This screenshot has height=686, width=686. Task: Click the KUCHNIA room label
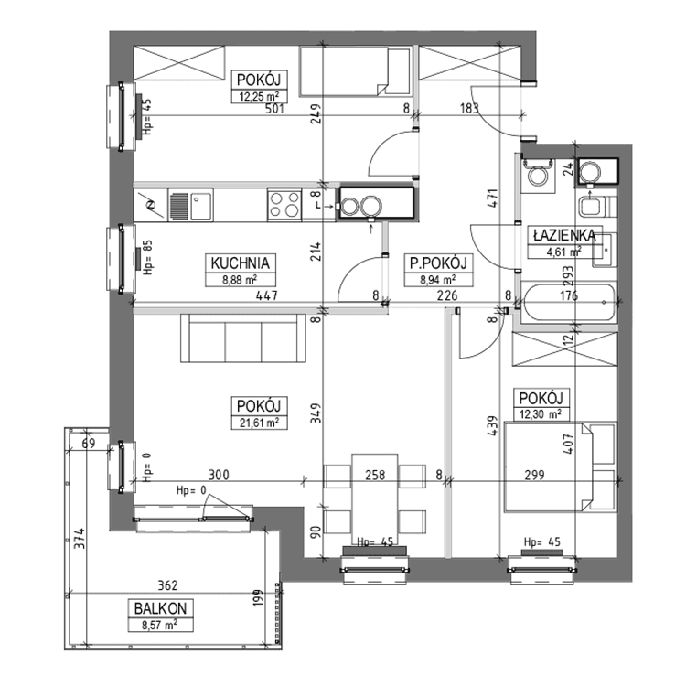coord(241,263)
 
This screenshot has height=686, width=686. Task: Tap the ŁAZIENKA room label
coord(564,235)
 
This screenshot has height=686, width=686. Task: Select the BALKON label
coord(160,608)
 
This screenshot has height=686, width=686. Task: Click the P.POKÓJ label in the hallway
coord(438,263)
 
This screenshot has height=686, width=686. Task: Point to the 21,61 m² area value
coord(260,423)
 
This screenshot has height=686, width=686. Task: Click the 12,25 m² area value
coord(260,96)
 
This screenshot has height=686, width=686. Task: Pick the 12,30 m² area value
coord(541,413)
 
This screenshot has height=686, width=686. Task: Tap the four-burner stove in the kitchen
coord(284,205)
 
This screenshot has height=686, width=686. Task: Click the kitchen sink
coord(190,205)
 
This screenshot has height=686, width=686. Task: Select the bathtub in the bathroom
coord(568,302)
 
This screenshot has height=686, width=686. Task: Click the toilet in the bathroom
coord(538,174)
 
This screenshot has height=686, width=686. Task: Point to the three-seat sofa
coord(243,338)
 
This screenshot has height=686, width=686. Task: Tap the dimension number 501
coord(274,109)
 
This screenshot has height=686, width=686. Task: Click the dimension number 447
coord(267,295)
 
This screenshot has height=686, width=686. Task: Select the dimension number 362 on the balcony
coord(167,585)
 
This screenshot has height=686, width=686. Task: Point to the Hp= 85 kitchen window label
coord(147,257)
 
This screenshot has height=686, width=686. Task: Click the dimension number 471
coord(493,198)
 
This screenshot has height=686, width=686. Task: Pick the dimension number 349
coord(316,413)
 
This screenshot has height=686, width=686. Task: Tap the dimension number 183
coord(469,109)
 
